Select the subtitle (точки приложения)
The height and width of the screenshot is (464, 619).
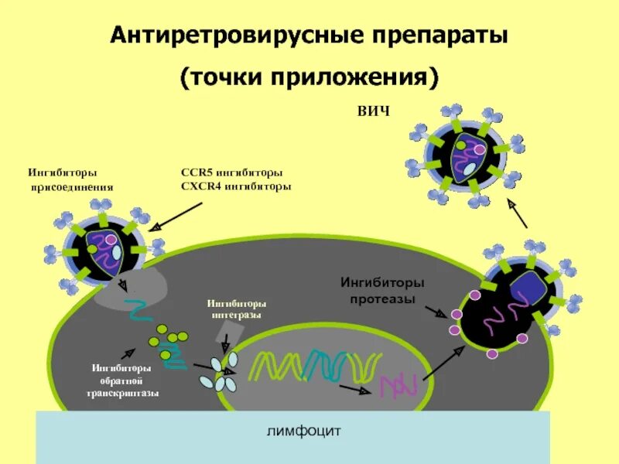click(x=309, y=77)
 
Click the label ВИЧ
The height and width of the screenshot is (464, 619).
click(x=374, y=111)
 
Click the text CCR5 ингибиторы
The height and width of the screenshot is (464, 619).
click(x=231, y=172)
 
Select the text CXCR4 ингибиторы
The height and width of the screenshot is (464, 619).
click(x=235, y=186)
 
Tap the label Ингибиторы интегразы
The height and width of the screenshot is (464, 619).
click(x=237, y=309)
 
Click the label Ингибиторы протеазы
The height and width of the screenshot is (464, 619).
click(x=382, y=290)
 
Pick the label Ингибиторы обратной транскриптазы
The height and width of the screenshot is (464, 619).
click(x=122, y=380)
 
